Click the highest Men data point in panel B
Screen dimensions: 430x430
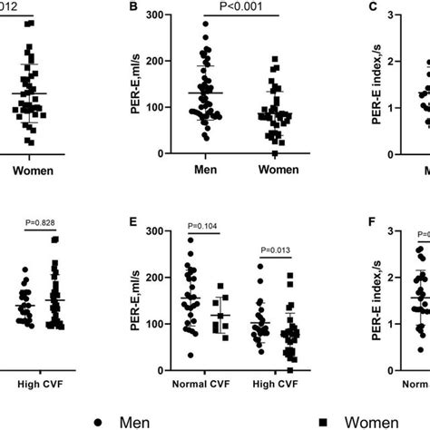point(205,24)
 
